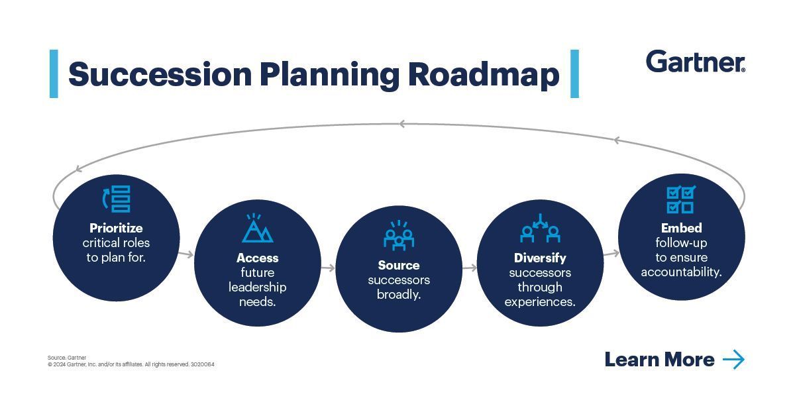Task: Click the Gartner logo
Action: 695,62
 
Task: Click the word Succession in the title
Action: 160,74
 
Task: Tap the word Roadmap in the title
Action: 483,74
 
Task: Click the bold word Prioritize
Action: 116,229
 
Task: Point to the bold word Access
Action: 257,258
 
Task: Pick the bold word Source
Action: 398,265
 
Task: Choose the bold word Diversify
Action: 540,258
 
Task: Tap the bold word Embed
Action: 681,229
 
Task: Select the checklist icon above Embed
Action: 680,199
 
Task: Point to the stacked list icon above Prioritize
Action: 117,199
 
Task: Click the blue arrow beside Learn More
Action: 733,360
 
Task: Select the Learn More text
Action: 659,360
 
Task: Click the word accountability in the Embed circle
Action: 681,272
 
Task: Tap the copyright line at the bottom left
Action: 131,364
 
